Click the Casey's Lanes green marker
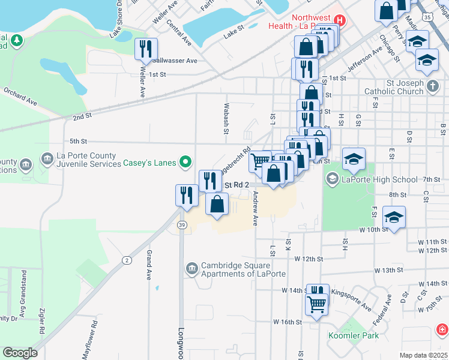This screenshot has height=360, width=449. (x=186, y=162)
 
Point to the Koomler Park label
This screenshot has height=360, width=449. (x=354, y=335)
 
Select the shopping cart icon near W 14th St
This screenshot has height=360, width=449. (x=316, y=304)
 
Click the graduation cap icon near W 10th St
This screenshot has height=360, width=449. (x=394, y=218)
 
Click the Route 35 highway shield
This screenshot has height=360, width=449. (x=427, y=18)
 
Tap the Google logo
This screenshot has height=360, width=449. (x=20, y=353)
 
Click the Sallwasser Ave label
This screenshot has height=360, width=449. (x=175, y=61)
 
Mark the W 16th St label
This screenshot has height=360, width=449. (x=288, y=322)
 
